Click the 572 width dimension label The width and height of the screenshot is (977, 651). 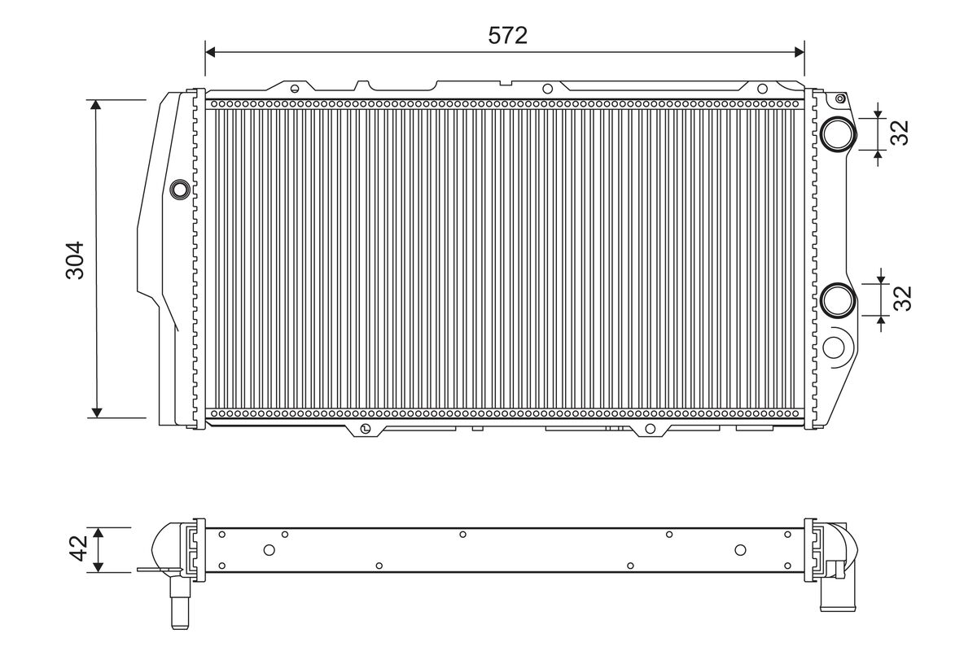(x=508, y=35)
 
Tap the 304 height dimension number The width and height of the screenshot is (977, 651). (x=75, y=260)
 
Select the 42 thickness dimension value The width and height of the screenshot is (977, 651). (x=79, y=548)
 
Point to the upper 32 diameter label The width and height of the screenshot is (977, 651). (x=900, y=132)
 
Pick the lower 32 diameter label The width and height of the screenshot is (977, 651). (x=902, y=299)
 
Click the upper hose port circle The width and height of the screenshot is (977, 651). (x=838, y=134)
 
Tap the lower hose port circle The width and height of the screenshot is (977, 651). (x=838, y=300)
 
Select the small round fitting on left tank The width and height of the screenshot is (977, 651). (x=179, y=190)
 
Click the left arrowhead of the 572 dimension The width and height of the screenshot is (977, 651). (x=210, y=52)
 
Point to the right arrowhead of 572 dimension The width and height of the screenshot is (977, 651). (x=799, y=52)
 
